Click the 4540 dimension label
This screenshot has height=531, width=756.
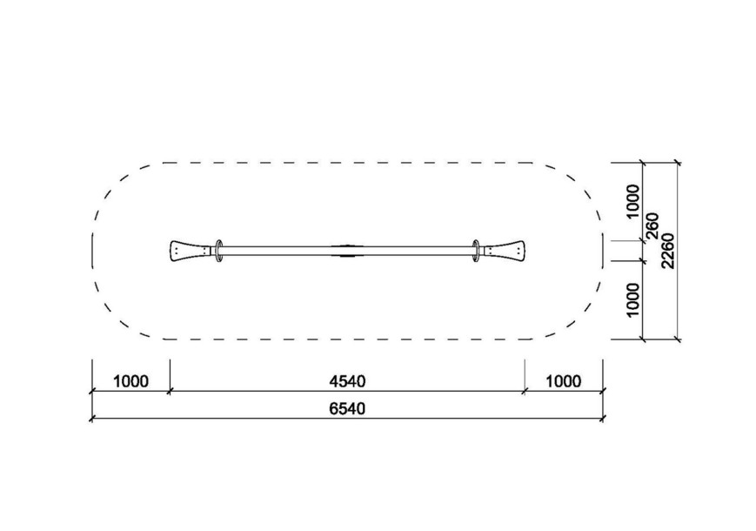(347, 381)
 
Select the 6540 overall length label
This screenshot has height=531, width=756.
(347, 409)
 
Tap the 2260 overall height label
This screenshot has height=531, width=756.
(668, 251)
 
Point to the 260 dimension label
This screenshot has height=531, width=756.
(652, 225)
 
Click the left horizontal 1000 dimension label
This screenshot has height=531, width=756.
(130, 381)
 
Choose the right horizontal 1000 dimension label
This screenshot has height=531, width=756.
(563, 381)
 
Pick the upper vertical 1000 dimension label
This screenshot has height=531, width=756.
(632, 202)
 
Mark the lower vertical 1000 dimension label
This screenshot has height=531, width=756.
(632, 300)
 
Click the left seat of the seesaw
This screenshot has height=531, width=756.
(191, 251)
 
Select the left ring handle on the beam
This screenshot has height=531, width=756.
(219, 251)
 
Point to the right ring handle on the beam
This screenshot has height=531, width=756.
(477, 251)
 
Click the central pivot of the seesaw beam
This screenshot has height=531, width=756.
(348, 251)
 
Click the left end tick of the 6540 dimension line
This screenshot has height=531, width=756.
(91, 419)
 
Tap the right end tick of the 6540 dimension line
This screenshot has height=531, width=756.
(603, 419)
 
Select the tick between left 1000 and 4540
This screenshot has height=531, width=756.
(170, 391)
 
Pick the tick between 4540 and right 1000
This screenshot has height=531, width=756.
(525, 391)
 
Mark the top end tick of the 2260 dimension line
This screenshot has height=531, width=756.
(678, 163)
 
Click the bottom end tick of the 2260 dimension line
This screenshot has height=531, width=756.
(678, 339)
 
